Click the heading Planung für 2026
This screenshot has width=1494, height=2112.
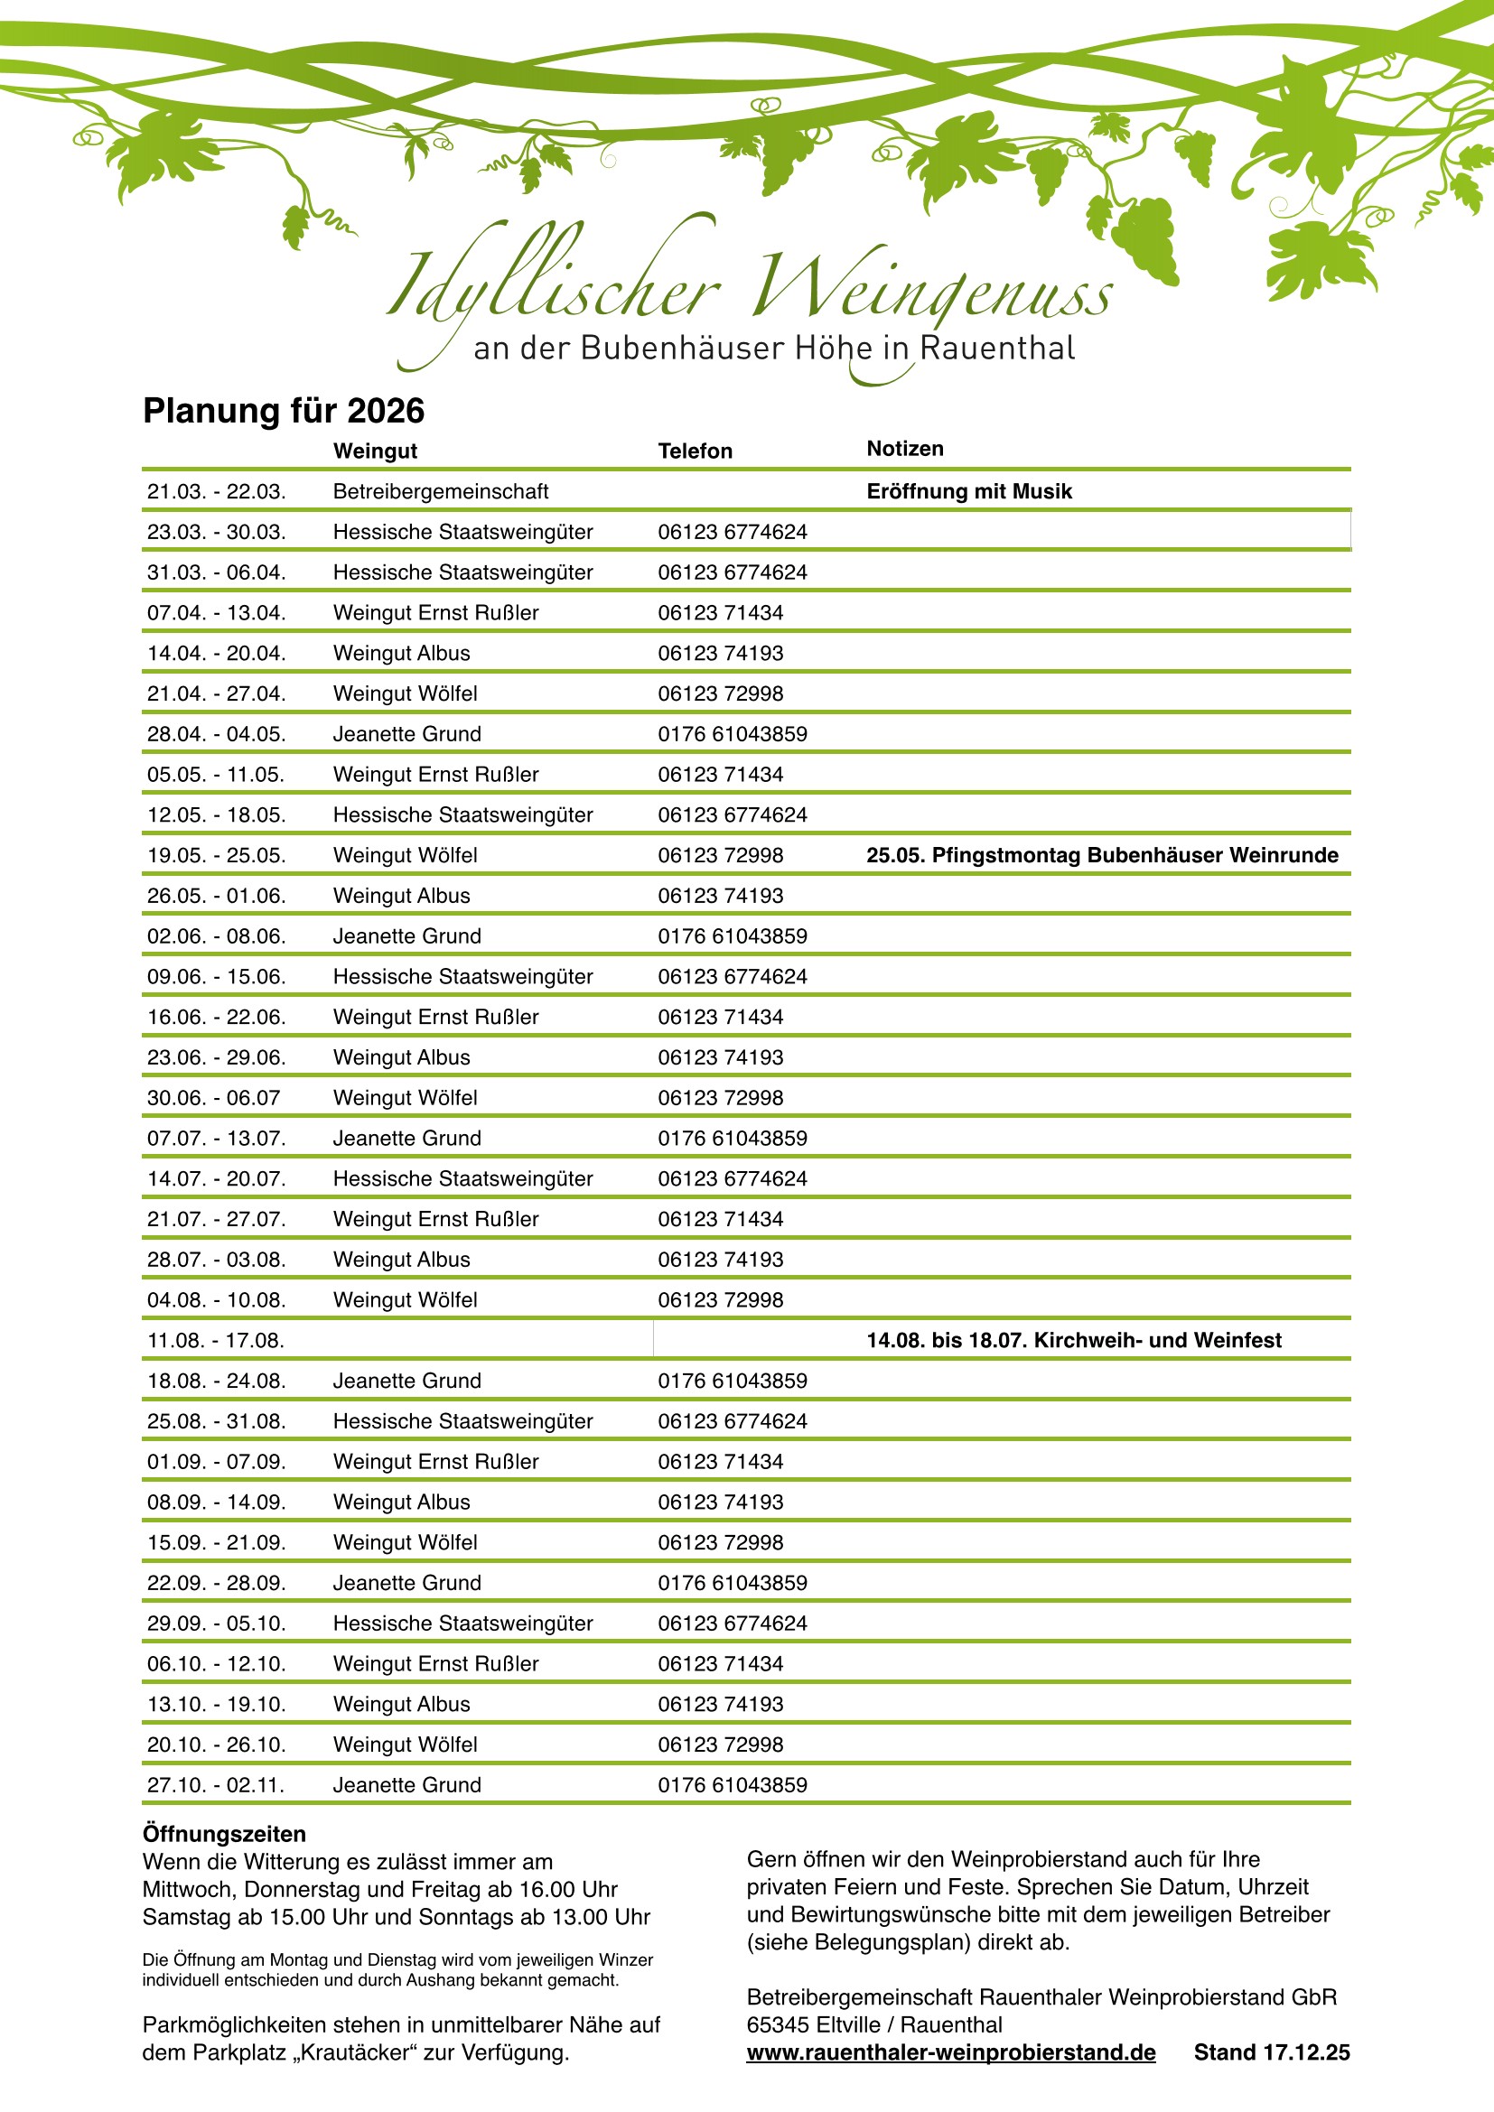[284, 411]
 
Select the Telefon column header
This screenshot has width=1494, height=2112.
[695, 451]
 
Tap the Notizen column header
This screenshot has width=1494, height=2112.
[904, 449]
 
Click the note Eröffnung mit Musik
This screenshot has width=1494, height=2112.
[968, 491]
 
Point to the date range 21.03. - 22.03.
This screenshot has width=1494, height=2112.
[216, 491]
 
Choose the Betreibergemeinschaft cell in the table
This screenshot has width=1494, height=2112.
[440, 491]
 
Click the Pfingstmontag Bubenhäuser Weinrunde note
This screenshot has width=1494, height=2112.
[1101, 855]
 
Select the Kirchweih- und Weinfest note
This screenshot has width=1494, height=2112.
[1073, 1340]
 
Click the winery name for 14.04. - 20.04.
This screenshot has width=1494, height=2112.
[401, 653]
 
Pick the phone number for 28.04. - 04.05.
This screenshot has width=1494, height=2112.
[732, 734]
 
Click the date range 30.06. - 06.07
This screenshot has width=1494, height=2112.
[213, 1098]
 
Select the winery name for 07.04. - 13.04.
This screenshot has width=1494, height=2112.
[435, 612]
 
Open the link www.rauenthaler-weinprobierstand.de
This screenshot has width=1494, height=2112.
[950, 2052]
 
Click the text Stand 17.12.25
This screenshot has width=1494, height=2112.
[1272, 2052]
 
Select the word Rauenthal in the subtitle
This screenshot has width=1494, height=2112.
[997, 349]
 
